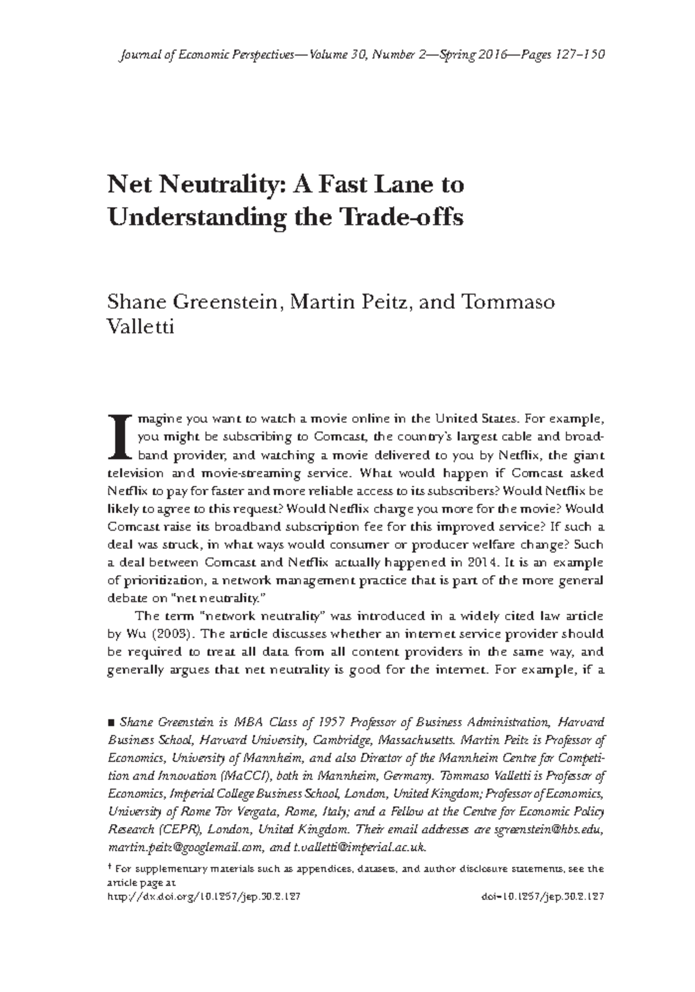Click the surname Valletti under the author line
[141, 328]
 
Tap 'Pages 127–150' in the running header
[563, 55]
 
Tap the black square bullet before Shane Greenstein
[112, 722]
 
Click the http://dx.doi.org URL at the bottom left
[204, 896]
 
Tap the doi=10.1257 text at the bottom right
[543, 896]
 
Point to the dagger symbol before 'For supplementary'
[110, 868]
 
